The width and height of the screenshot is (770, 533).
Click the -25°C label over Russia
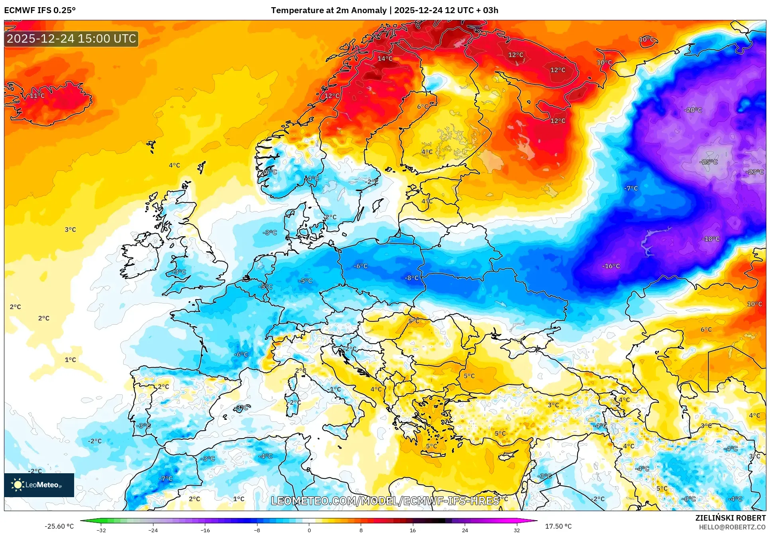(708, 162)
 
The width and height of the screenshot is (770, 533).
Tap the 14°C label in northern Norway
(385, 59)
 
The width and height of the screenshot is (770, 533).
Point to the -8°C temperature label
(412, 278)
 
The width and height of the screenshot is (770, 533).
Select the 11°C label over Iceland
(37, 96)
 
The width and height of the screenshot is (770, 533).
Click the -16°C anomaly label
(611, 266)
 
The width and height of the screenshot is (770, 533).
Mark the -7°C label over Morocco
(166, 478)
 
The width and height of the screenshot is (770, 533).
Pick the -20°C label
(693, 110)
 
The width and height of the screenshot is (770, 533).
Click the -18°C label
(711, 239)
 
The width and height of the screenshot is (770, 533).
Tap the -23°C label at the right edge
(754, 172)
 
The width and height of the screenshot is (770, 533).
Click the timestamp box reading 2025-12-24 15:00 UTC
(71, 39)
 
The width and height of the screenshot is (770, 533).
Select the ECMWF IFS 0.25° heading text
(40, 10)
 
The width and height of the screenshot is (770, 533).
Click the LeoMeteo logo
(39, 485)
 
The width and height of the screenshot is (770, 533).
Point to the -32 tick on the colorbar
(101, 530)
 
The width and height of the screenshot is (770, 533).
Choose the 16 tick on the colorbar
(412, 530)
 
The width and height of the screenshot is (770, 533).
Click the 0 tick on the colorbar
(309, 530)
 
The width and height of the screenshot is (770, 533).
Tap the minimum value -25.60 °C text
(59, 526)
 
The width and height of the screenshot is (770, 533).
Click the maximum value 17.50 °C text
(558, 526)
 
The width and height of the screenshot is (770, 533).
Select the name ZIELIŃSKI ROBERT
(730, 518)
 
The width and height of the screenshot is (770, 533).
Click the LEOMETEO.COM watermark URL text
(385, 501)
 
